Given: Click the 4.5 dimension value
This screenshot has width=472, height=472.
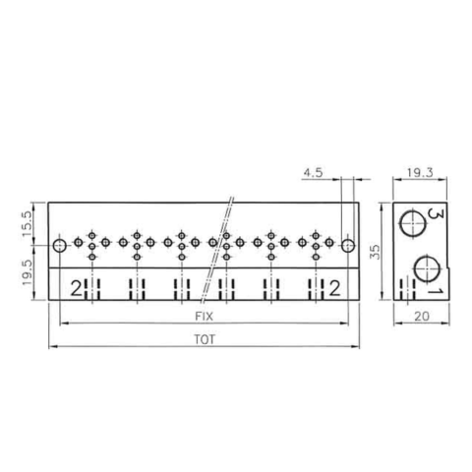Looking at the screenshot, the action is [313, 172].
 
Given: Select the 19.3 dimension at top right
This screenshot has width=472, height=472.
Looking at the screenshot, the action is [420, 172].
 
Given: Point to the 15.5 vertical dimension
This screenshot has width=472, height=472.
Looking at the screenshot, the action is [27, 223].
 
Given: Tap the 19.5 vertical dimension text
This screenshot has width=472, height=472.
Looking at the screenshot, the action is [27, 272].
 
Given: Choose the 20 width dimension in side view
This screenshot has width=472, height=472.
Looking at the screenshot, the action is [422, 317].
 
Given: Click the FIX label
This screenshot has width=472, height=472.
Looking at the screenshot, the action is [204, 317].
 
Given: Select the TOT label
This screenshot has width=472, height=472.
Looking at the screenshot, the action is [205, 339].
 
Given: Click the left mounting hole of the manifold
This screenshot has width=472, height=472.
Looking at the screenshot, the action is [60, 246].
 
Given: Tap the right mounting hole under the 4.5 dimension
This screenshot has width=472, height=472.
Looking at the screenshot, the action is [348, 246].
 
